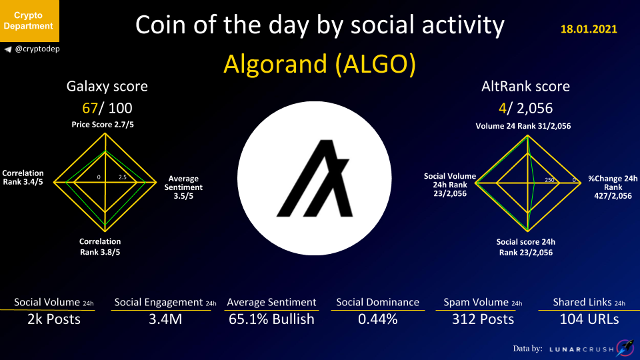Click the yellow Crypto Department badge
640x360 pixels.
click(x=29, y=21)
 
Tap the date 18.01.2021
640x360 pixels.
click(x=589, y=29)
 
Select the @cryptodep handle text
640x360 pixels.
click(x=37, y=49)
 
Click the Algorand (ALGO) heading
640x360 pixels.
click(x=319, y=64)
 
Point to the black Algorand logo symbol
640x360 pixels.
click(x=314, y=178)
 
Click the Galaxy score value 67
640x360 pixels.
click(x=89, y=108)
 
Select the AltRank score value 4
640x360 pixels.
click(x=502, y=108)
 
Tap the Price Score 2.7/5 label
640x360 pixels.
click(x=103, y=125)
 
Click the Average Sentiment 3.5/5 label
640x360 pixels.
click(x=183, y=187)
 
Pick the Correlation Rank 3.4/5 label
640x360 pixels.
click(x=23, y=177)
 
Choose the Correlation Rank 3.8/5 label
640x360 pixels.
click(x=100, y=247)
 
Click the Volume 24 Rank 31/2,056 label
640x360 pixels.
click(x=523, y=126)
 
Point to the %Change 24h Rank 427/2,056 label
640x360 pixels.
click(x=613, y=187)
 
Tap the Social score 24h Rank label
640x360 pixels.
click(x=526, y=247)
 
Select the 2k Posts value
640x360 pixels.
click(x=54, y=319)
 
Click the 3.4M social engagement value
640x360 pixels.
click(x=165, y=319)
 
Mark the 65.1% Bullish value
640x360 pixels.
click(x=271, y=319)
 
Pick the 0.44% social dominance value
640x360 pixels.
click(x=377, y=319)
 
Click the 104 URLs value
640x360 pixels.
click(x=589, y=319)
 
